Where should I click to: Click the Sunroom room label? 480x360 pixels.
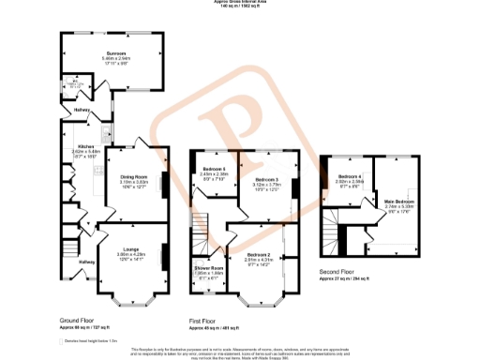click(115, 54)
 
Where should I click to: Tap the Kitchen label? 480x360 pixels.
click(85, 147)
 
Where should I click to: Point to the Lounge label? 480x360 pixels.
click(130, 222)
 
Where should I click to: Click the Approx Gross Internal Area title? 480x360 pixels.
click(240, 3)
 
